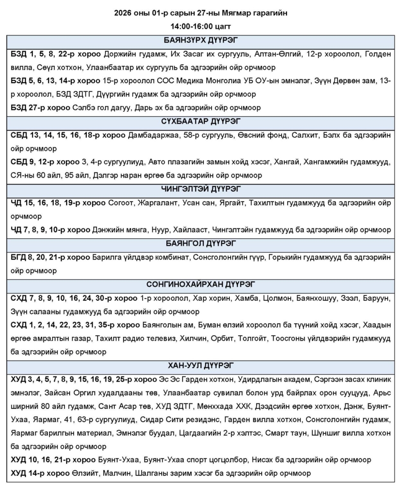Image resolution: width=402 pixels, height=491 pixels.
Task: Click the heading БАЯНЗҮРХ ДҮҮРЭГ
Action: (x=201, y=41)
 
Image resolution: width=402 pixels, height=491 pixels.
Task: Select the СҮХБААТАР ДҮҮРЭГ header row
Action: (x=201, y=121)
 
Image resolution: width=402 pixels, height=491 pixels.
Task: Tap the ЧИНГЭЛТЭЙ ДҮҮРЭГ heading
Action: (x=201, y=189)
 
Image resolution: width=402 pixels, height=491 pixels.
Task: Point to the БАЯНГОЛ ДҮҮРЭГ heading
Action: (x=201, y=244)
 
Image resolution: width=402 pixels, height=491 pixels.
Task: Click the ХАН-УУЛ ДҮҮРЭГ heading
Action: (x=201, y=365)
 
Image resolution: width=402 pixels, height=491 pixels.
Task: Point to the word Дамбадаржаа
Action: (x=154, y=134)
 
